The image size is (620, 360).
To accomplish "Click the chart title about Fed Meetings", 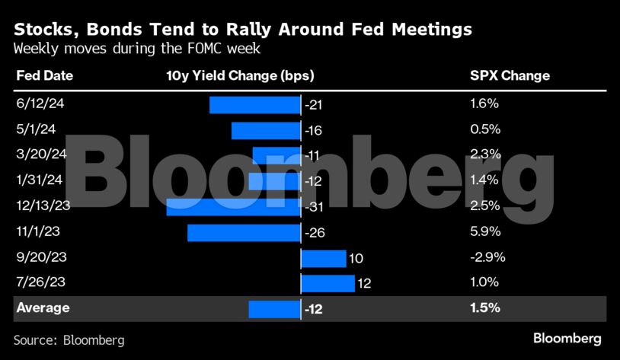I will click(x=242, y=30).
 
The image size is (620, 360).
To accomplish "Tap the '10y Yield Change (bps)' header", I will click(x=239, y=76).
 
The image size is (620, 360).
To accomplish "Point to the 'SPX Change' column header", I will click(x=510, y=76).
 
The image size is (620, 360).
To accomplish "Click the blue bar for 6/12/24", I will click(x=254, y=104).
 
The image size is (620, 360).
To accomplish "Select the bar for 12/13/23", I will click(x=233, y=206).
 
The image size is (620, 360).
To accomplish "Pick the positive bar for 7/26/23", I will click(x=328, y=283).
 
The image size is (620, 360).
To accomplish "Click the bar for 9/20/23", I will click(x=324, y=258).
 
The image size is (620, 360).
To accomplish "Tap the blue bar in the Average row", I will click(x=274, y=308).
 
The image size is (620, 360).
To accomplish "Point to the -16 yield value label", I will click(x=315, y=130).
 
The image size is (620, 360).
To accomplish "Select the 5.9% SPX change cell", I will click(x=485, y=231).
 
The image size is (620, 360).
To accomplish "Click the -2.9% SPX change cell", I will click(x=488, y=256).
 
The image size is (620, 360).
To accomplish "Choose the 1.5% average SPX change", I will click(x=485, y=308).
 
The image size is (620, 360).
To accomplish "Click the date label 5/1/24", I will click(x=35, y=128).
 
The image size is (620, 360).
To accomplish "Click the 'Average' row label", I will click(x=43, y=308).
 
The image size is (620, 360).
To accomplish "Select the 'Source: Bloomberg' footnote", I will click(x=69, y=339).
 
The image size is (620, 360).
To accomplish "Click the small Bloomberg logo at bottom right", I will click(x=567, y=338).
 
